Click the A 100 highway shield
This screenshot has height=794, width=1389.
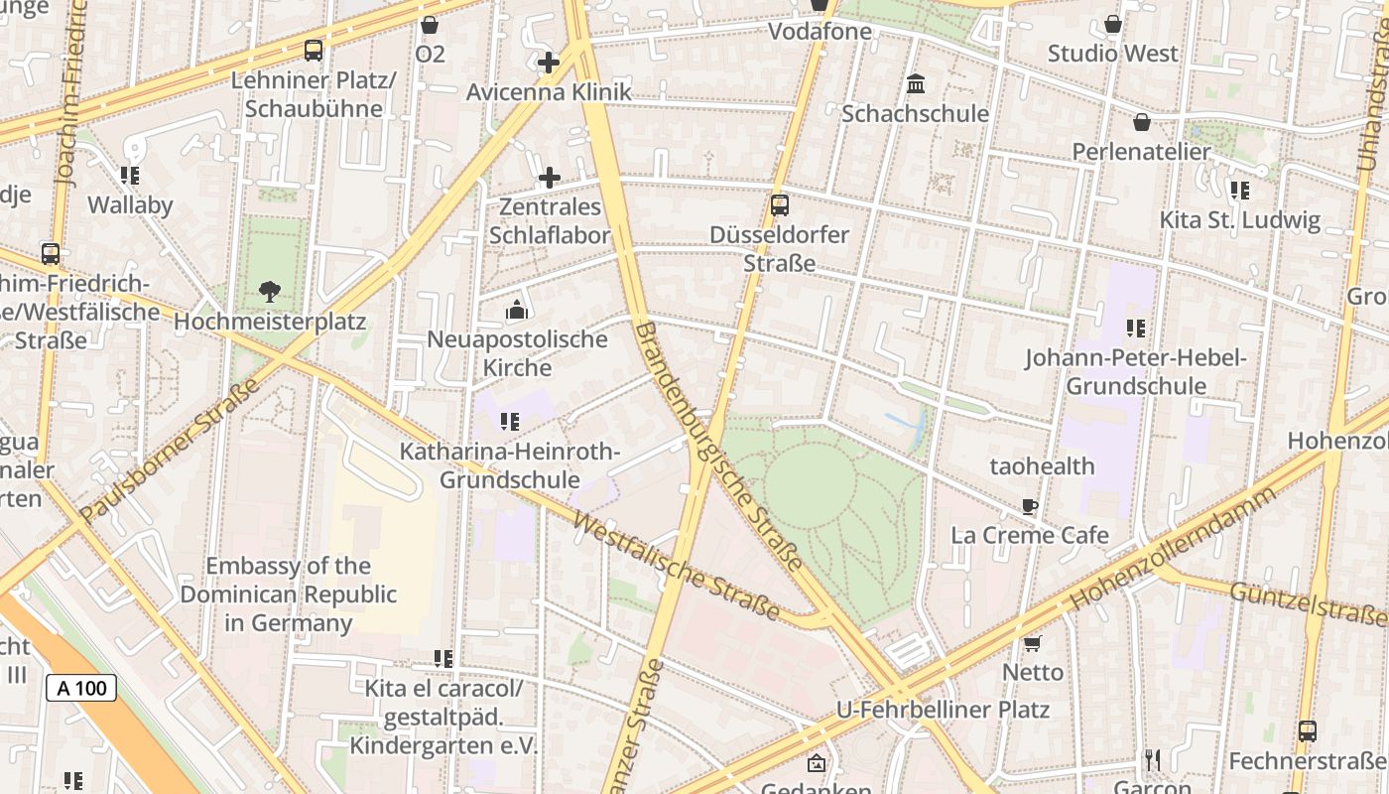click(81, 688)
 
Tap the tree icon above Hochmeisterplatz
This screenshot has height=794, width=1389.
click(269, 292)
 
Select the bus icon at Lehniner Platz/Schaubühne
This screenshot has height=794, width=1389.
click(314, 51)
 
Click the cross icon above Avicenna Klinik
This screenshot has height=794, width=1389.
click(549, 63)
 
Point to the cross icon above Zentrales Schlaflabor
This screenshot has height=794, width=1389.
click(550, 178)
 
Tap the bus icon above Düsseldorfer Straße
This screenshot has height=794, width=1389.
click(780, 205)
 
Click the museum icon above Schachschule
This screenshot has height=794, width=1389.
click(916, 83)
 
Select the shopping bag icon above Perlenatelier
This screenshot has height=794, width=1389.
click(1142, 122)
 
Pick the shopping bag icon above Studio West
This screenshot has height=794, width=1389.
click(1113, 24)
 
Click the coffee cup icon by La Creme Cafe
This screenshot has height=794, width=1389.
click(1030, 506)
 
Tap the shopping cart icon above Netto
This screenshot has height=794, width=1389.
click(1033, 643)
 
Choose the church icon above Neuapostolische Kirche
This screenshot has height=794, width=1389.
click(516, 311)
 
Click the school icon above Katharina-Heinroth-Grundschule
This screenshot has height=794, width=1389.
click(510, 422)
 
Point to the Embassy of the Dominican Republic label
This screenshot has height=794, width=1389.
click(288, 595)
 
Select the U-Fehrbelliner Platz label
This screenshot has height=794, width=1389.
click(943, 710)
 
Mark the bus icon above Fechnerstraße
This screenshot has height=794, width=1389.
click(1308, 731)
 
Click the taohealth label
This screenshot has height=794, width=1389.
click(1042, 465)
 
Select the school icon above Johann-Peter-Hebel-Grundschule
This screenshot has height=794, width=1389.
click(1136, 329)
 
